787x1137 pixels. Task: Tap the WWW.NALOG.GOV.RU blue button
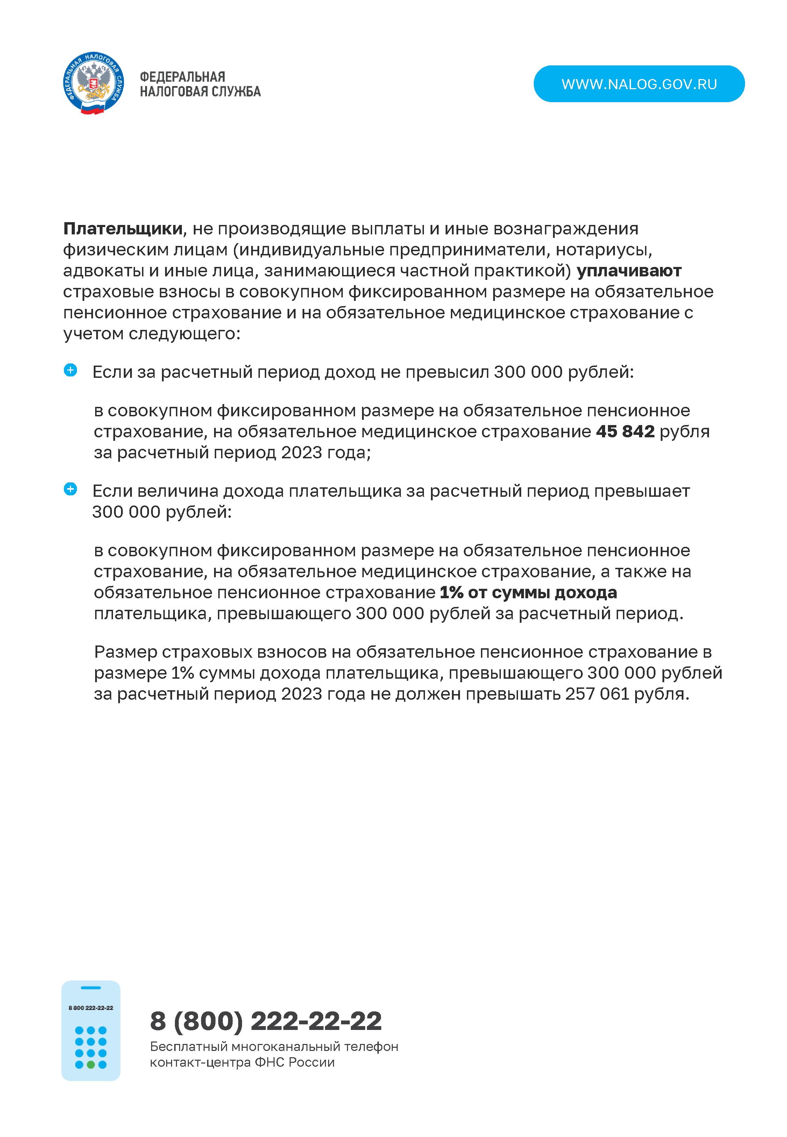[639, 84]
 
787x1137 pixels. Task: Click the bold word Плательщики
[123, 229]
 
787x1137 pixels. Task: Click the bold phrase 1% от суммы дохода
[528, 592]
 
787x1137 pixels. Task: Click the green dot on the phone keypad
[91, 1065]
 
